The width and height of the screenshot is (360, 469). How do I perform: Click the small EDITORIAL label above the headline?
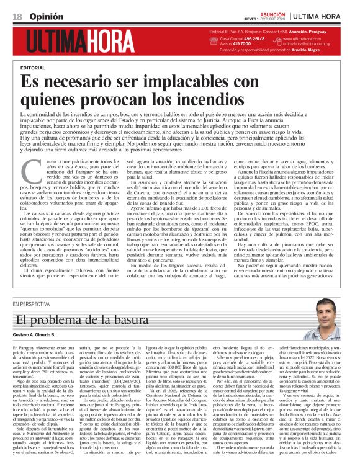32,66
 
